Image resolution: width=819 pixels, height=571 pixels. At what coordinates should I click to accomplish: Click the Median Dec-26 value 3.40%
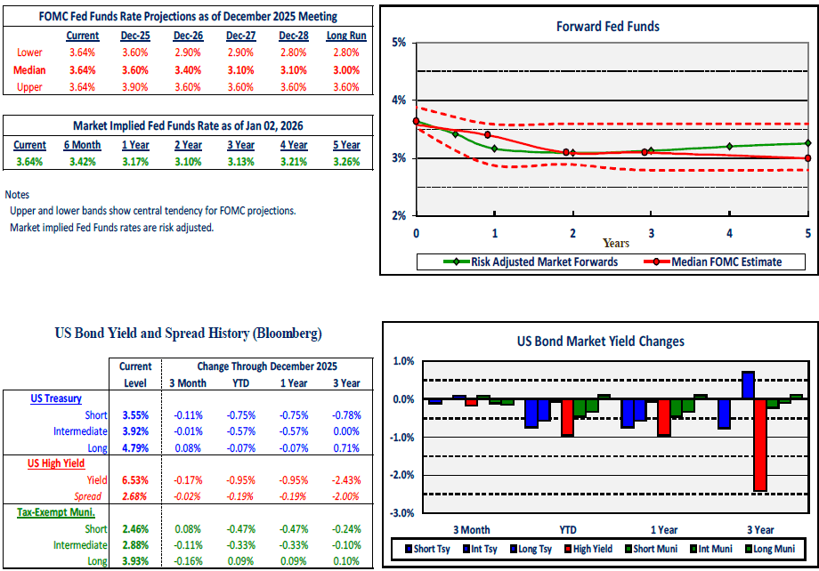(x=187, y=70)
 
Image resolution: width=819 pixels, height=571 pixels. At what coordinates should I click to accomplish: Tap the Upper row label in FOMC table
(x=29, y=87)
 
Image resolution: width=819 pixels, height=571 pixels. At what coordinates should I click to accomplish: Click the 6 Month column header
(x=82, y=145)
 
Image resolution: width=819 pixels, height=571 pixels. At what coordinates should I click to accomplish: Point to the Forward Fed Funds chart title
(x=608, y=27)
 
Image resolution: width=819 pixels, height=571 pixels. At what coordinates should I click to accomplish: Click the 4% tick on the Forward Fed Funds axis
(x=399, y=101)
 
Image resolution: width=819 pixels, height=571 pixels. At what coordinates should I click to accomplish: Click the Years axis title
(x=615, y=243)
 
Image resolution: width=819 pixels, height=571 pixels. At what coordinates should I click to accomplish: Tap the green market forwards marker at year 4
(x=729, y=146)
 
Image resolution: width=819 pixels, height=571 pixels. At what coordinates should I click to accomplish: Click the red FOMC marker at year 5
(x=807, y=158)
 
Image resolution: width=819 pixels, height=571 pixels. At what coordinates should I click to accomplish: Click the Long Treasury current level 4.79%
(x=136, y=446)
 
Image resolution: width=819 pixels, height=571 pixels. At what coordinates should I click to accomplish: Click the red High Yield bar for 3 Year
(x=760, y=445)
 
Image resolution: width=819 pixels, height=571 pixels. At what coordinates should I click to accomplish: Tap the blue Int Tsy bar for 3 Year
(x=748, y=385)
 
